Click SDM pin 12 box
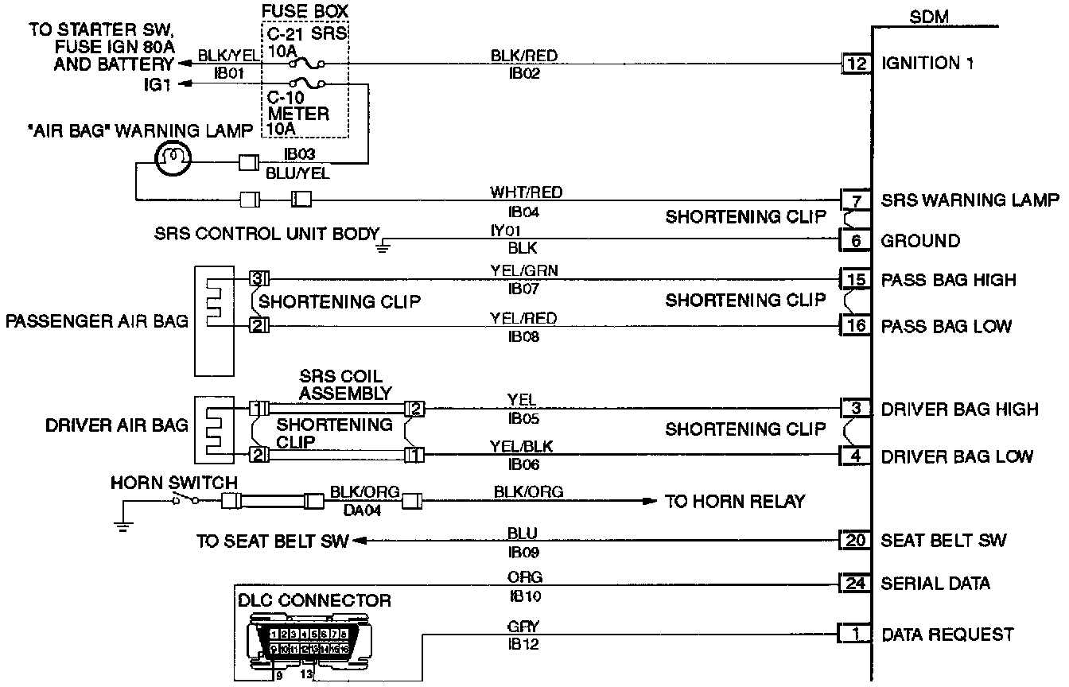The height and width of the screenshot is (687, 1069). (856, 64)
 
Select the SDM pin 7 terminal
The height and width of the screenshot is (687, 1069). (856, 199)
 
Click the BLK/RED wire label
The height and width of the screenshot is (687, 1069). (523, 56)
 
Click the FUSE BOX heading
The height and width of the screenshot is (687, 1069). (305, 13)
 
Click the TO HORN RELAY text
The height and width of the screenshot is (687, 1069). (735, 501)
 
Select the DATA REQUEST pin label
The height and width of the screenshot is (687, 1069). (947, 635)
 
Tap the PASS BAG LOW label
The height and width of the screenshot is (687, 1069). (946, 326)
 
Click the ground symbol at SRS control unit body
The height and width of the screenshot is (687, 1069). (383, 245)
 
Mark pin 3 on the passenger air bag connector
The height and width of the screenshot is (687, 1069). (256, 278)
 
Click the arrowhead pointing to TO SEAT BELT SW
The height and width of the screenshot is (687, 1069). (357, 541)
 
